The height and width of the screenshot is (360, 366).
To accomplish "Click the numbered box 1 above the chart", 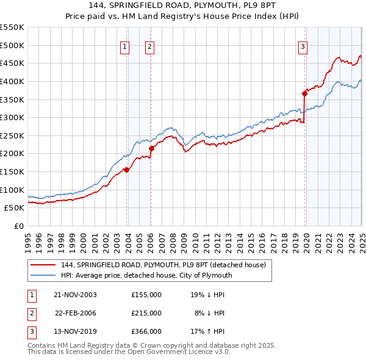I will [x=124, y=45].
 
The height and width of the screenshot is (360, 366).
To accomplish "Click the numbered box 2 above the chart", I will [x=149, y=45].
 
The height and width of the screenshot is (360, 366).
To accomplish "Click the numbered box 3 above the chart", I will [x=303, y=45].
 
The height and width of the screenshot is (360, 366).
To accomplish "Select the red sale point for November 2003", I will [x=126, y=170].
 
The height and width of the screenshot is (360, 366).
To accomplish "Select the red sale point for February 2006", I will [x=151, y=148].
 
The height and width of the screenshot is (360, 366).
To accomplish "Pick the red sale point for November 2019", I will [x=304, y=93].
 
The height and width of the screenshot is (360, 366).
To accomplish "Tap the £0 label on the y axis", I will [x=19, y=226].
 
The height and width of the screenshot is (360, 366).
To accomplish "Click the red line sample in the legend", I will [x=43, y=265].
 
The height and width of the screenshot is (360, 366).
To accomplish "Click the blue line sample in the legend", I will [x=43, y=275].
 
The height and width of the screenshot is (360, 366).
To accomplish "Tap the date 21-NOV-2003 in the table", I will [x=76, y=294].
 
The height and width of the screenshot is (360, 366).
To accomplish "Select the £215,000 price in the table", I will [x=146, y=313].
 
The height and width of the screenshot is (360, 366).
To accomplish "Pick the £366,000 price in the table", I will [x=146, y=332].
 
